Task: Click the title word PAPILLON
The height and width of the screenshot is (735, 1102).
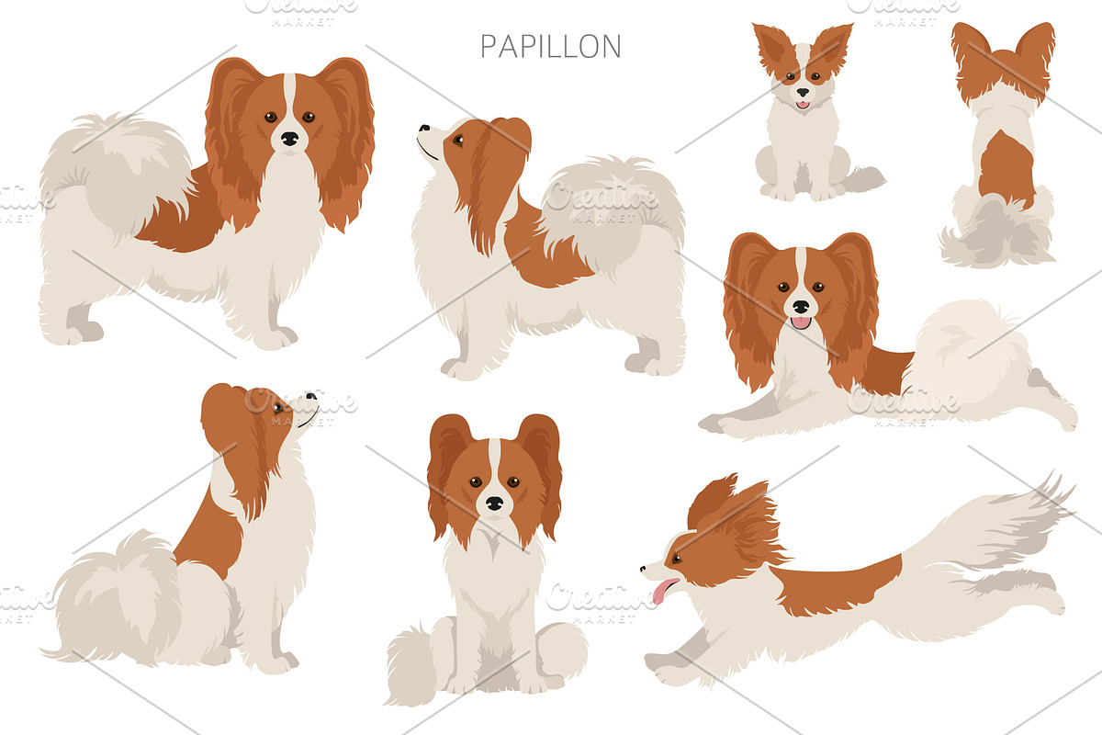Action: click(x=550, y=46)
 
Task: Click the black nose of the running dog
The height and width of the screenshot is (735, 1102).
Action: click(x=643, y=569)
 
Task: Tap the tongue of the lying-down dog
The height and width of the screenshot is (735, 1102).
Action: click(x=801, y=322)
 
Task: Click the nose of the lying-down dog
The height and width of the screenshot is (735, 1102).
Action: click(x=801, y=307)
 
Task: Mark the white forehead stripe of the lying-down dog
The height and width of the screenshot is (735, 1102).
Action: click(x=801, y=268)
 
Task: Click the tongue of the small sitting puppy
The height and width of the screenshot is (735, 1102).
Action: click(x=803, y=105)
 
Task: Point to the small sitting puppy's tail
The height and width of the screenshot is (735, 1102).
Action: click(x=861, y=180)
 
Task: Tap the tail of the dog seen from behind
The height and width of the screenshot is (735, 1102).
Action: click(x=994, y=232)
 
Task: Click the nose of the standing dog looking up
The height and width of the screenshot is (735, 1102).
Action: click(x=423, y=128)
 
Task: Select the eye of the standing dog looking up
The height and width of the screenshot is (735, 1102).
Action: click(x=458, y=140)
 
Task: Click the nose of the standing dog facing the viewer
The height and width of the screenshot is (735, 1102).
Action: click(x=290, y=139)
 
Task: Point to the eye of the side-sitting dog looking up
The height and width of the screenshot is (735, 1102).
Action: click(x=278, y=408)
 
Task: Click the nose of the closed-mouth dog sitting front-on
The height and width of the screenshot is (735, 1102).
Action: click(x=494, y=503)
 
